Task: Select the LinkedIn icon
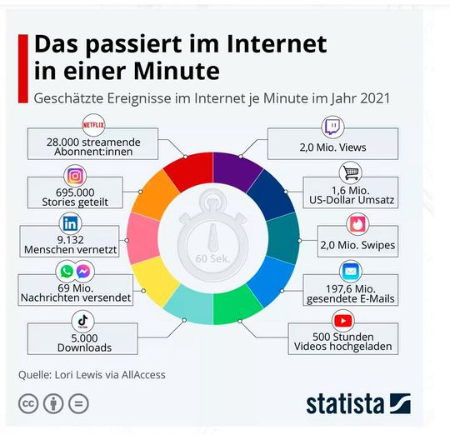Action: pos(70,223)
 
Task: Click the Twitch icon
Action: pos(332,127)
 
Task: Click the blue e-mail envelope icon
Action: pos(350,272)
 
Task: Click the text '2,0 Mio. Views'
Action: pos(332,147)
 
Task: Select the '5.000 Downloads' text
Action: pos(83,342)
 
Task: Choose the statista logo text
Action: pos(345,404)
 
